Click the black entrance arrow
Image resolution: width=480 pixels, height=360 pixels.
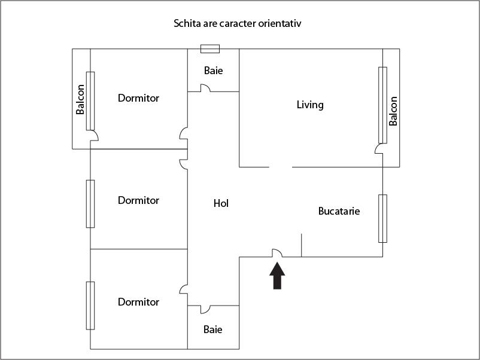[x=277, y=276]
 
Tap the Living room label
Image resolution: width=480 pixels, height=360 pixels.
[x=310, y=105]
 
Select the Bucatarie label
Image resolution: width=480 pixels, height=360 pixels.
[x=339, y=211]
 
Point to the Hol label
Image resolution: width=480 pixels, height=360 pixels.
[x=221, y=203]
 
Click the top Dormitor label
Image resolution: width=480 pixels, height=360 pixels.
[x=138, y=98]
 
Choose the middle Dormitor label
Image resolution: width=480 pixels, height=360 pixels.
[x=138, y=200]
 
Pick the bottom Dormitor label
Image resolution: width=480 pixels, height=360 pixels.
[x=138, y=302]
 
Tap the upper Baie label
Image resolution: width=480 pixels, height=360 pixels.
[x=213, y=71]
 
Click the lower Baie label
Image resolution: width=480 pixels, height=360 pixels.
[x=213, y=329]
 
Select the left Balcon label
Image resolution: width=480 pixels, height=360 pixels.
[x=80, y=100]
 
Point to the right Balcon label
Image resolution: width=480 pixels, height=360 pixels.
[x=393, y=111]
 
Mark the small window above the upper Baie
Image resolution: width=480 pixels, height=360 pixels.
[x=209, y=49]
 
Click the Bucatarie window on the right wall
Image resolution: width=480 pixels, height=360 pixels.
[x=382, y=218]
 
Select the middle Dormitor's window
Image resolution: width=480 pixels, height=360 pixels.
[x=90, y=203]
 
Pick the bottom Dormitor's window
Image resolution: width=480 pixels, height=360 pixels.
[x=90, y=305]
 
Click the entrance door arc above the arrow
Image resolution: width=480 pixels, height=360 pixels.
[x=277, y=254]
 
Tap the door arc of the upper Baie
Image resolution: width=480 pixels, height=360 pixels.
[x=205, y=88]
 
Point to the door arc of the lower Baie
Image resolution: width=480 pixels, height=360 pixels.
[x=205, y=309]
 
